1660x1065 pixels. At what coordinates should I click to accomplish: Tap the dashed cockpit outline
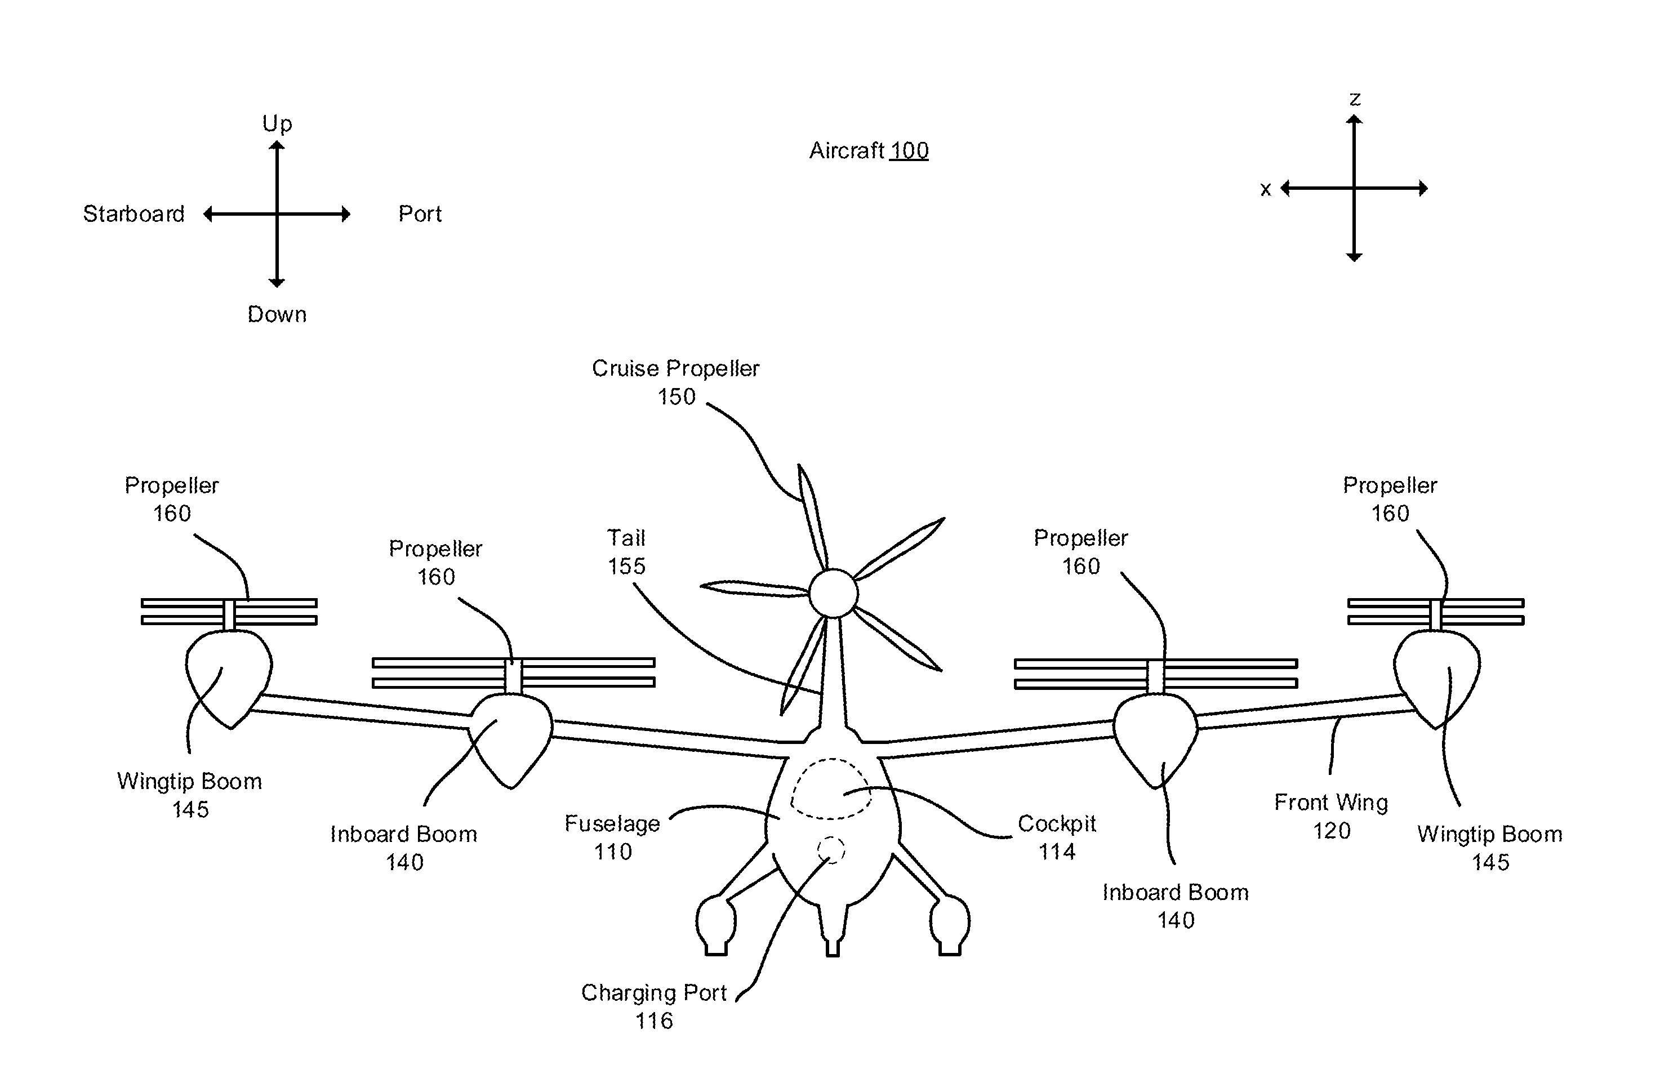coord(830,789)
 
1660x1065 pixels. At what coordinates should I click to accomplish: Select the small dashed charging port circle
coord(831,850)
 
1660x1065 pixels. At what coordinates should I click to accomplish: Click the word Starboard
coord(133,213)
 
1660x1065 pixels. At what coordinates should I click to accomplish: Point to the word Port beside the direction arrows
coord(420,213)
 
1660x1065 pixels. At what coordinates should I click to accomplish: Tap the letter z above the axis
coord(1355,99)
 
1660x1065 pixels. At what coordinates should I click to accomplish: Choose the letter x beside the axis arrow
coord(1265,189)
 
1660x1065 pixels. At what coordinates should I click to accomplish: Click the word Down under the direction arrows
coord(277,315)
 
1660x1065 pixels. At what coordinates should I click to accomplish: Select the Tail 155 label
coord(626,552)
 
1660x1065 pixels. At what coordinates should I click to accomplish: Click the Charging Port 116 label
coord(653,1006)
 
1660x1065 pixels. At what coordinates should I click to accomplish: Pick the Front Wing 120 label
coord(1331,816)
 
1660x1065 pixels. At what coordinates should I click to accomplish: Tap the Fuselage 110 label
coord(612,837)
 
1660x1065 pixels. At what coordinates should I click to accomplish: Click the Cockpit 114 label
coord(1057,837)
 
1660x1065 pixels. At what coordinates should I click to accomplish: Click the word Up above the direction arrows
coord(277,124)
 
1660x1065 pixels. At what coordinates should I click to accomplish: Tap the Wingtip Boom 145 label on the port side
coord(1490,848)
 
